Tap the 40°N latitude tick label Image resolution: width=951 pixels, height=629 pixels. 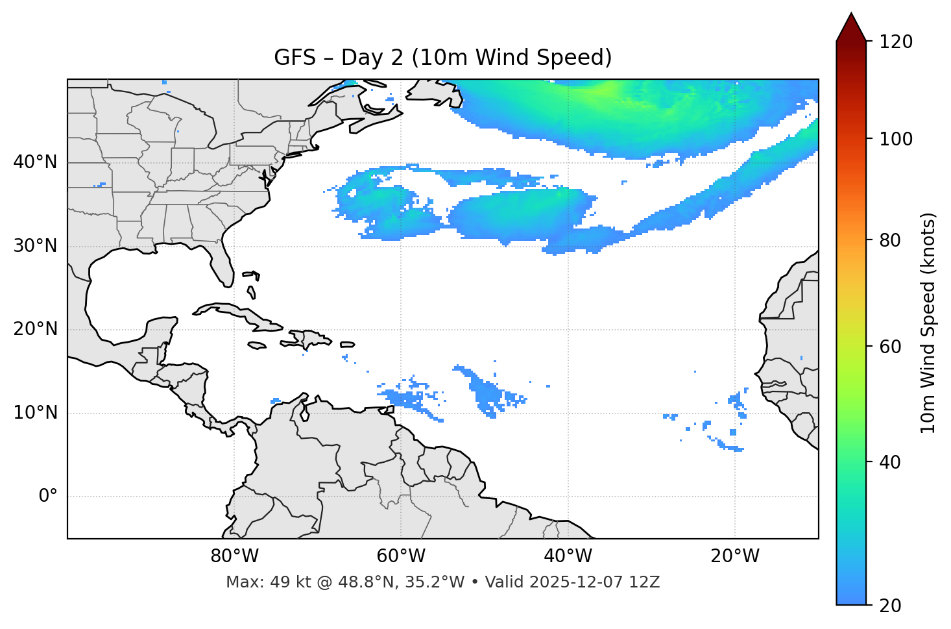pos(35,162)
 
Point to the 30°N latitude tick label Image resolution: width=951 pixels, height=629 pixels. pos(35,246)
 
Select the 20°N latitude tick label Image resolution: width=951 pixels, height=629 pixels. pos(35,329)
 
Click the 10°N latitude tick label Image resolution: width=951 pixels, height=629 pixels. pos(35,413)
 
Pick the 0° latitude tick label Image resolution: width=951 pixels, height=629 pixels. pos(48,497)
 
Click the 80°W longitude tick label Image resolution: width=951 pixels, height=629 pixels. pos(234,556)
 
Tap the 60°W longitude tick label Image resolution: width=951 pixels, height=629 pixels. pos(401,556)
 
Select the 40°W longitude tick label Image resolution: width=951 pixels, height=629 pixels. pos(568,556)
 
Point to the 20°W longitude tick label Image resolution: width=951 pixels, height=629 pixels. pos(735,556)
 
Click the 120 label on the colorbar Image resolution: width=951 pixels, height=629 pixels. pos(896,42)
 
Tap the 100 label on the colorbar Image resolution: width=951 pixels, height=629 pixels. pos(896,139)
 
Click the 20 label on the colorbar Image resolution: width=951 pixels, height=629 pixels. pos(891,606)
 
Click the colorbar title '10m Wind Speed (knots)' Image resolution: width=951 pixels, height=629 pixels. pos(928,323)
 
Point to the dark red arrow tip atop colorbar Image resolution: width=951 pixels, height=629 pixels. pos(851,25)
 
